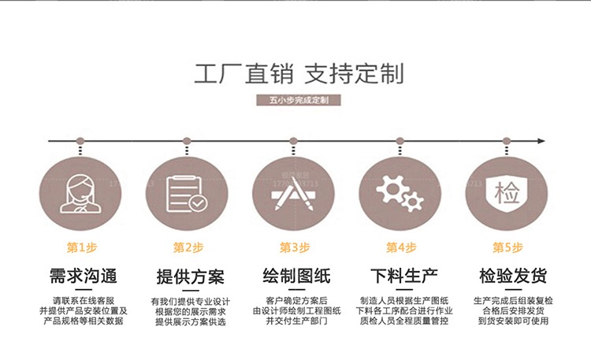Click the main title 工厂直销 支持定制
[x=298, y=74]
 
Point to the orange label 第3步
[x=295, y=247]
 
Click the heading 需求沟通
[x=82, y=276]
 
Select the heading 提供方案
[x=190, y=277]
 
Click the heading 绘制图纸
[x=296, y=276]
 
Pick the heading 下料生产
[x=403, y=276]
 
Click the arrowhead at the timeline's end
[x=541, y=141]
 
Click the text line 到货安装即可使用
[x=513, y=321]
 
